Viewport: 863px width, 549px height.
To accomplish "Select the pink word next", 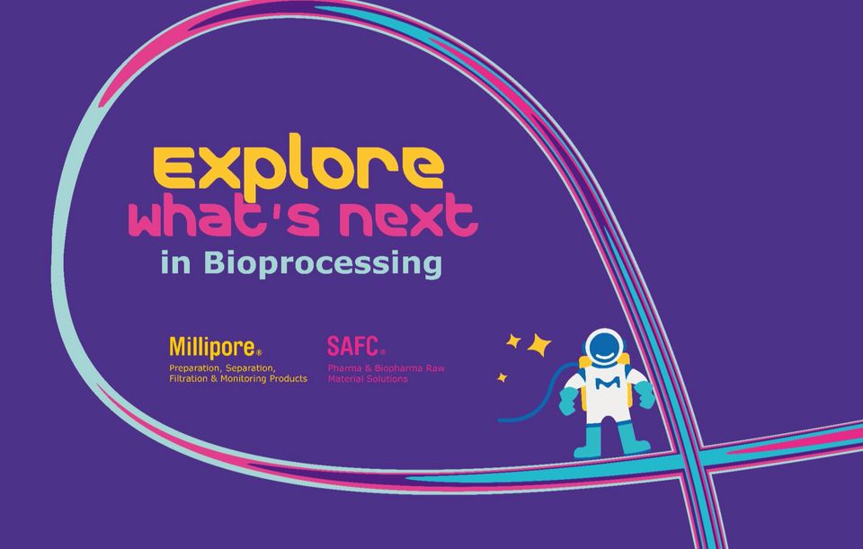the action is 408,215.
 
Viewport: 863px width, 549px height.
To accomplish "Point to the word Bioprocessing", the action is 323,263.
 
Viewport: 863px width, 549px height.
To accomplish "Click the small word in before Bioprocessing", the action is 176,262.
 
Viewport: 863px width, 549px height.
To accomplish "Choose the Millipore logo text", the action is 212,347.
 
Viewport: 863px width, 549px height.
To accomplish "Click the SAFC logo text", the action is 352,346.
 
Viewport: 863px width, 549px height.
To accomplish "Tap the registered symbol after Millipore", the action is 259,352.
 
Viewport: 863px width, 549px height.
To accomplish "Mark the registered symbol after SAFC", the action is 383,351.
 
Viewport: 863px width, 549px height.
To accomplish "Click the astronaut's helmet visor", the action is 604,347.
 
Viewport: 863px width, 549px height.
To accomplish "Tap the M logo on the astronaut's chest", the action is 608,385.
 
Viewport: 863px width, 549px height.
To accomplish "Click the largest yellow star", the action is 538,345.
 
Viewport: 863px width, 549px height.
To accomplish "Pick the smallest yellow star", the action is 502,377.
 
